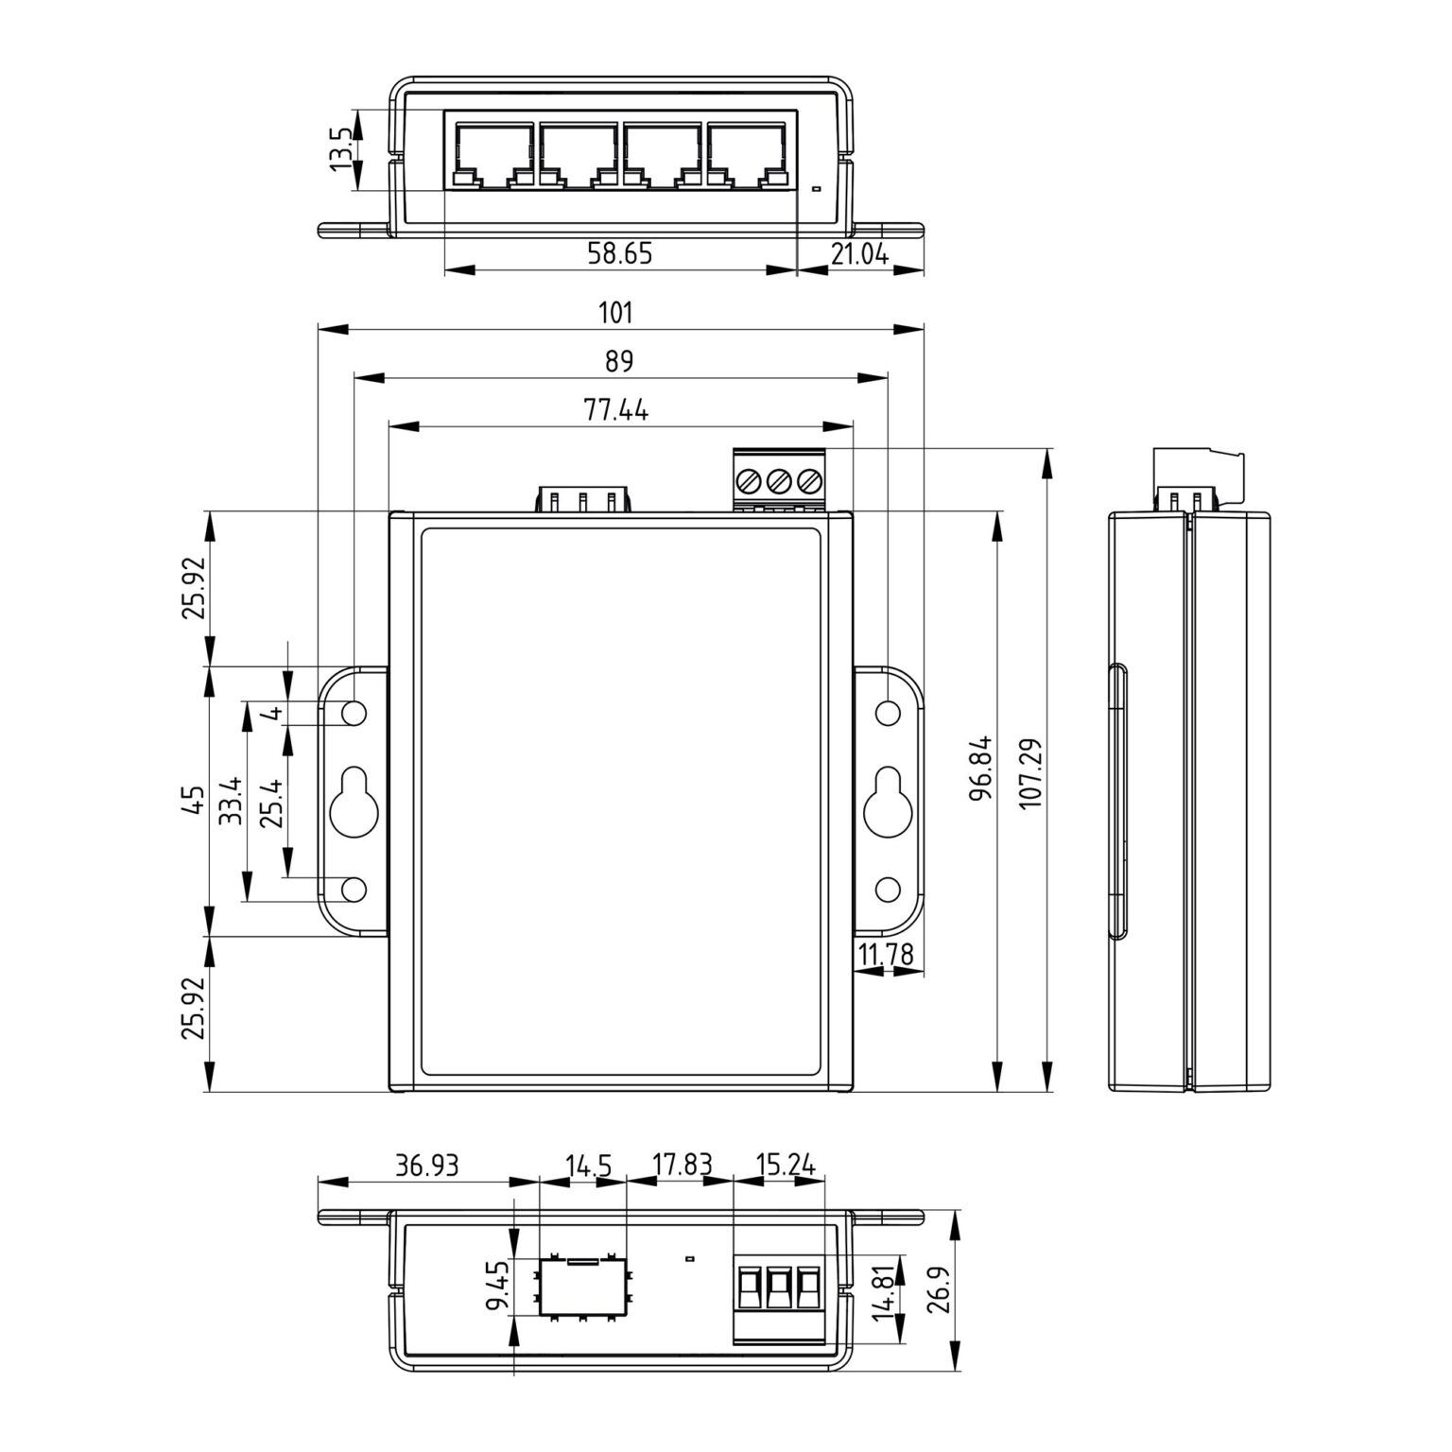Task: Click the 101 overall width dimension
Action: [x=615, y=312]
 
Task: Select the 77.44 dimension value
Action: [x=615, y=409]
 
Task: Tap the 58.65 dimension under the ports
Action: [x=619, y=253]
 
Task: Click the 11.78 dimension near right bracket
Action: [x=886, y=955]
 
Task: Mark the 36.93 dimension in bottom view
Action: [x=427, y=1165]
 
